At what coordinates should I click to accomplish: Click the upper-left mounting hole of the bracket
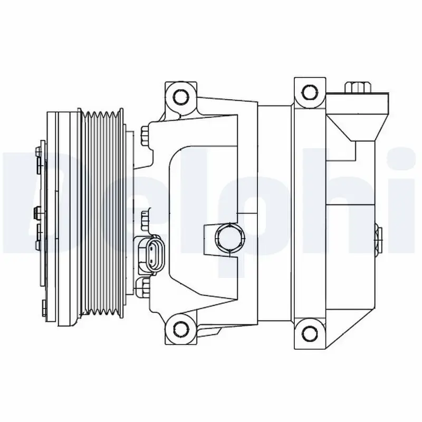tap(180, 97)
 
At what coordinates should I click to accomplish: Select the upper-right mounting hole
tap(309, 92)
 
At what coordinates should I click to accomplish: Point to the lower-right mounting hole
tap(309, 331)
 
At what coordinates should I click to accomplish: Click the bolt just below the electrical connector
tap(142, 287)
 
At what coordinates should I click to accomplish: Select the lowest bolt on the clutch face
tap(42, 307)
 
